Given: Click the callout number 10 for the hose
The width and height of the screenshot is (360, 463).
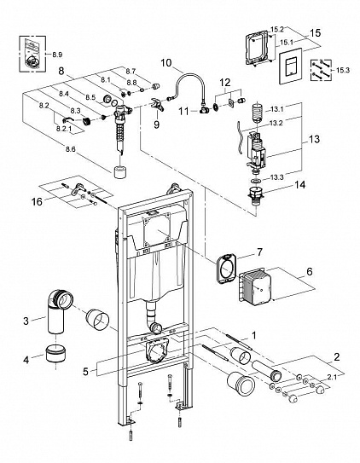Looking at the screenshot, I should point(166,63).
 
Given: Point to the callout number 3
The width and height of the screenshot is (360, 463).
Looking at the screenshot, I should point(27,320).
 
